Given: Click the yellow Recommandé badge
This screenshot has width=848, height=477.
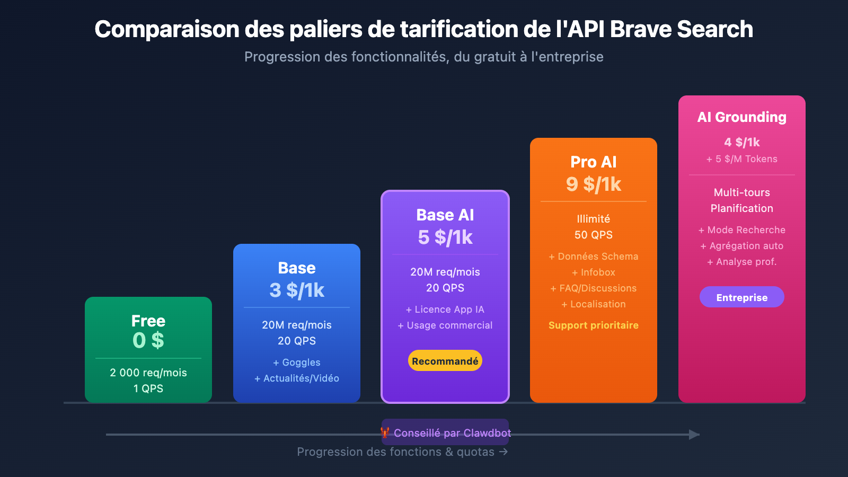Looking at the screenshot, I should pos(445,361).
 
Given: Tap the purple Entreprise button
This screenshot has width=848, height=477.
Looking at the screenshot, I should pos(741,297).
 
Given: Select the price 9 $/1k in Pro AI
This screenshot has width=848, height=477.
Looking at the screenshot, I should pos(594,184).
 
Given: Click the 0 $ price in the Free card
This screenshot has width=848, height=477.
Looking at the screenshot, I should pos(148,340).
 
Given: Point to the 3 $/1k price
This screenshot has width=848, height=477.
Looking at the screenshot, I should pos(297,290).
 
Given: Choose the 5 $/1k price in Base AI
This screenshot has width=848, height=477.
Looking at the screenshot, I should pos(445,237).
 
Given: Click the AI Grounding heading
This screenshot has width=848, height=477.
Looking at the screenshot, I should pos(741,117).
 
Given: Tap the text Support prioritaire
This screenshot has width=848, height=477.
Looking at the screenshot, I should pos(594,325).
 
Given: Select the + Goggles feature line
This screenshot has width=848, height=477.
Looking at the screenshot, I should pos(297,363).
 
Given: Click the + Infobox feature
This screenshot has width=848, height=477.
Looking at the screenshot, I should pos(594,272).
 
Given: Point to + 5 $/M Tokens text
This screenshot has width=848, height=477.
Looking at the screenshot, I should pos(741,159).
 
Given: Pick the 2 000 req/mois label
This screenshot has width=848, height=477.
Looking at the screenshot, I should pos(148,373).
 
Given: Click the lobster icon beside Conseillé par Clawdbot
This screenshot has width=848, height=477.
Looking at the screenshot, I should pos(385,433).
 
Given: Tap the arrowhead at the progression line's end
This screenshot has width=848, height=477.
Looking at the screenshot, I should pos(694,435).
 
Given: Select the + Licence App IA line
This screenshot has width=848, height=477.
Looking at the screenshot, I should pos(445,310).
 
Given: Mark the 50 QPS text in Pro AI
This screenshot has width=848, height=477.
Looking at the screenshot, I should pos(594,235).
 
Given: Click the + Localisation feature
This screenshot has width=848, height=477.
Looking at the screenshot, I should pos(594,304).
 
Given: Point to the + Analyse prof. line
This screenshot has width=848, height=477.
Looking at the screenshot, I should pos(741,262).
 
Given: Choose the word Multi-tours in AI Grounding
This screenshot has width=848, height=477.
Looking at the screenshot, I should pos(741,192).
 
